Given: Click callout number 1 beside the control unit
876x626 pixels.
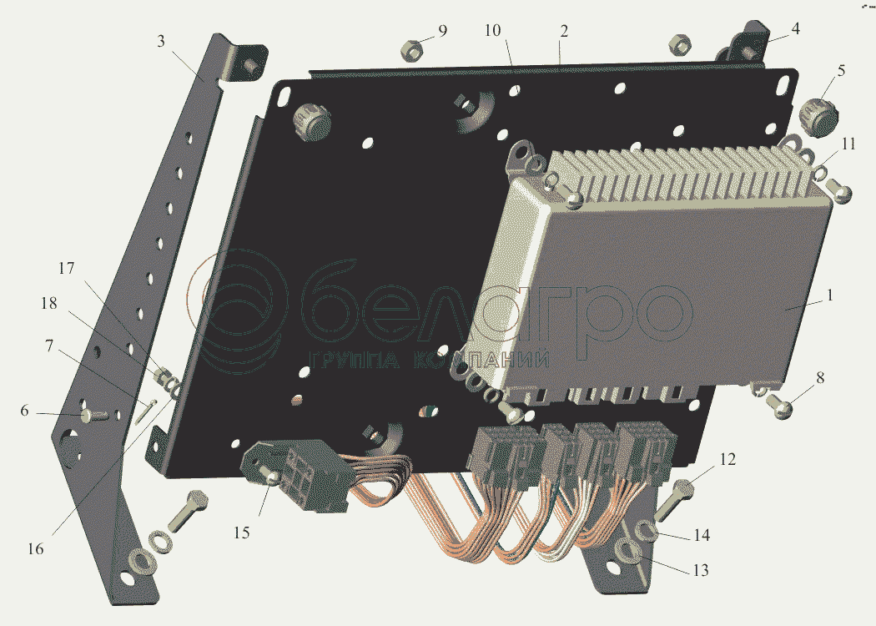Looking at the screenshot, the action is [x=829, y=295].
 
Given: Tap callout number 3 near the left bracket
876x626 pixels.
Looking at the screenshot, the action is [x=161, y=42].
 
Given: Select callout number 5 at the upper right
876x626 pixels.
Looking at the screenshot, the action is [x=841, y=70].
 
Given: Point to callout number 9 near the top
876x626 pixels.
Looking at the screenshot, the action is [x=442, y=31].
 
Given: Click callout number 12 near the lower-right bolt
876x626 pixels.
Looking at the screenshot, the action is [x=727, y=459].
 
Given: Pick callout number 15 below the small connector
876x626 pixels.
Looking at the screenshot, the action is [x=241, y=533].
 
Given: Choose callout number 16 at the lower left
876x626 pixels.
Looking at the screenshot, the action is [x=35, y=549].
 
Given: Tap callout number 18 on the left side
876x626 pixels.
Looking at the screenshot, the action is [x=49, y=304].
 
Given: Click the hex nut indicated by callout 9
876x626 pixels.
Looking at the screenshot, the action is [x=411, y=49].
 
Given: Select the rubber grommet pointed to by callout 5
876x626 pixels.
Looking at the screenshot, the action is [x=819, y=118].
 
